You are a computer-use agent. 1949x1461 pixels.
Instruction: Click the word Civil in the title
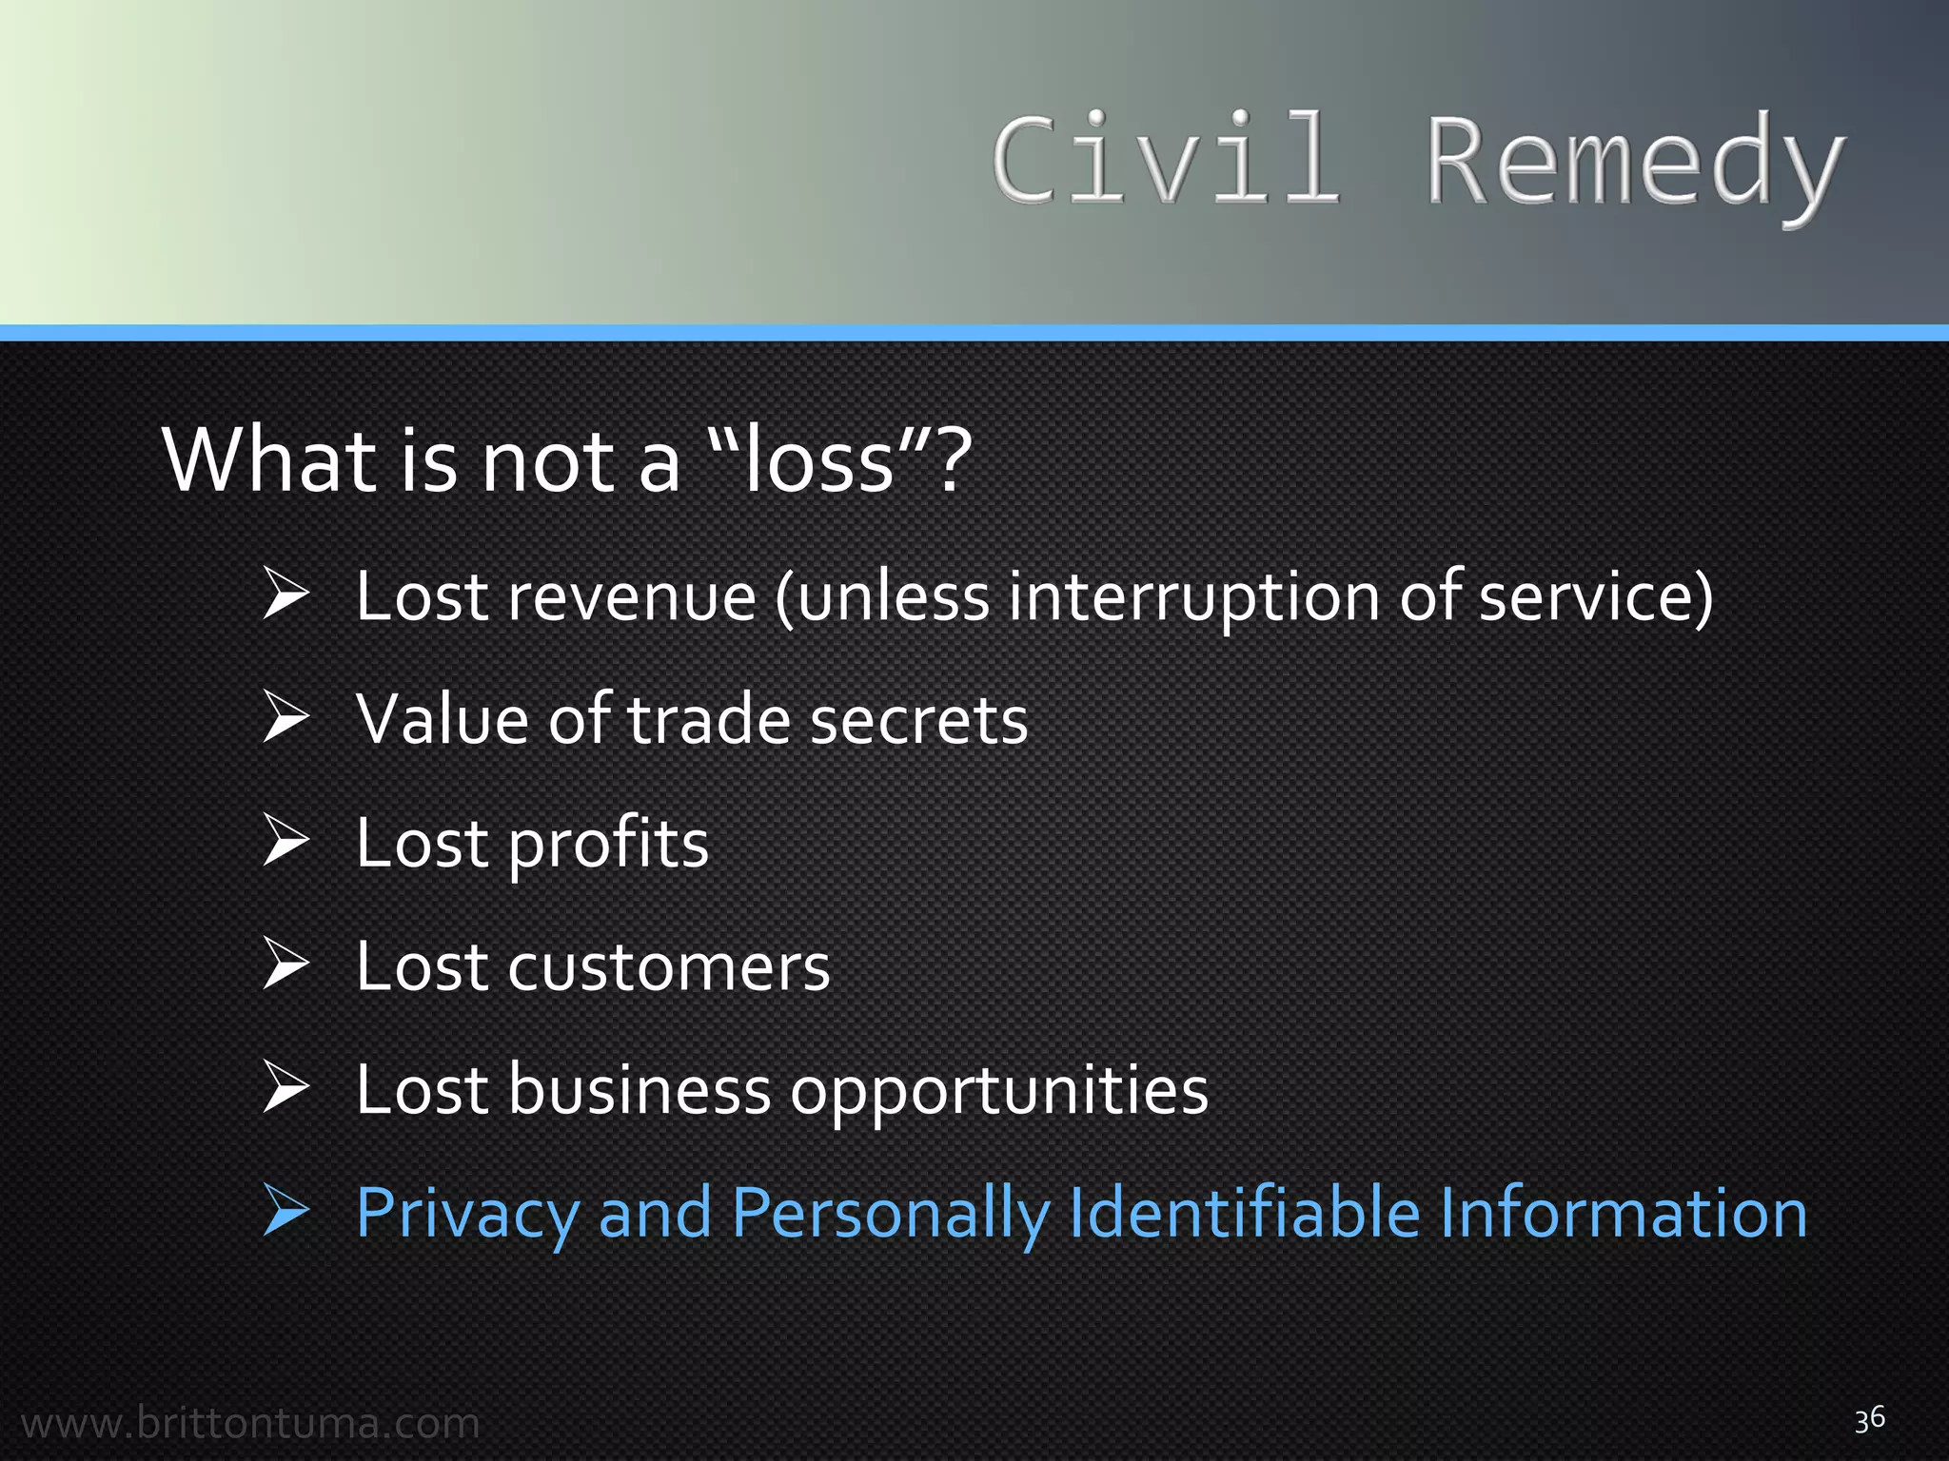coord(1166,160)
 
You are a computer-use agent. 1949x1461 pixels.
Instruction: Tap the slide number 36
coord(1869,1419)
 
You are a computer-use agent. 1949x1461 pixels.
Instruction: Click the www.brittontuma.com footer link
coord(250,1424)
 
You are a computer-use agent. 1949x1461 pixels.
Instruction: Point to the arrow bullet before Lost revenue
coord(285,594)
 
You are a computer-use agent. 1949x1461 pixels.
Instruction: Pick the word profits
coord(608,845)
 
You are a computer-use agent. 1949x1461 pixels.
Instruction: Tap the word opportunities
coord(999,1091)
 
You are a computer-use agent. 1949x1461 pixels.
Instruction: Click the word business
coord(639,1089)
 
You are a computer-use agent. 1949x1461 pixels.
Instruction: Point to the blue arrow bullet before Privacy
coord(285,1212)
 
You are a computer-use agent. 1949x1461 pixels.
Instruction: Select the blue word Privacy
coord(467,1215)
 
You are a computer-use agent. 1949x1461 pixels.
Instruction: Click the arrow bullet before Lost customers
coord(285,964)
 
